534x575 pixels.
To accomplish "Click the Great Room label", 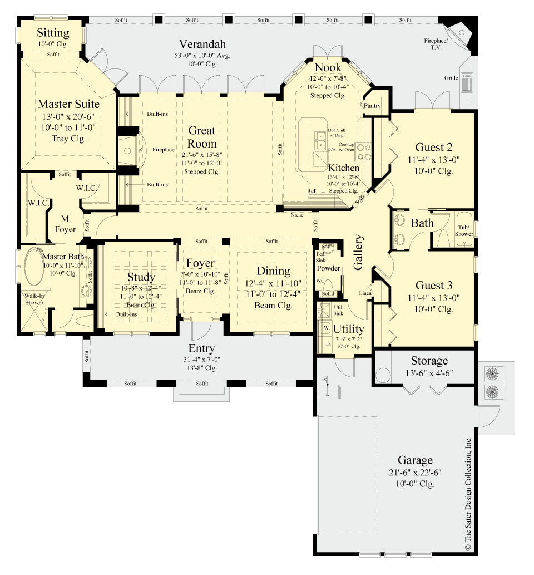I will tap(202, 137).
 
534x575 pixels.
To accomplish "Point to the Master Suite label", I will tap(69, 104).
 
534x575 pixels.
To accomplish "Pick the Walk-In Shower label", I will tap(34, 299).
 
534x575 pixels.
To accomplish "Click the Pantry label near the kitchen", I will tap(372, 105).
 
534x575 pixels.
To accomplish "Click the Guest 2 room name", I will tap(434, 148).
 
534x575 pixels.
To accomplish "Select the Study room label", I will tap(141, 277).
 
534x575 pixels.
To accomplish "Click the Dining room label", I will tap(273, 271).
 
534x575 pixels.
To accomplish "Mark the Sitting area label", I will tap(53, 32).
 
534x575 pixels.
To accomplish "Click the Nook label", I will tap(328, 67).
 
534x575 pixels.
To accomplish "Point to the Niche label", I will tap(297, 214).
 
